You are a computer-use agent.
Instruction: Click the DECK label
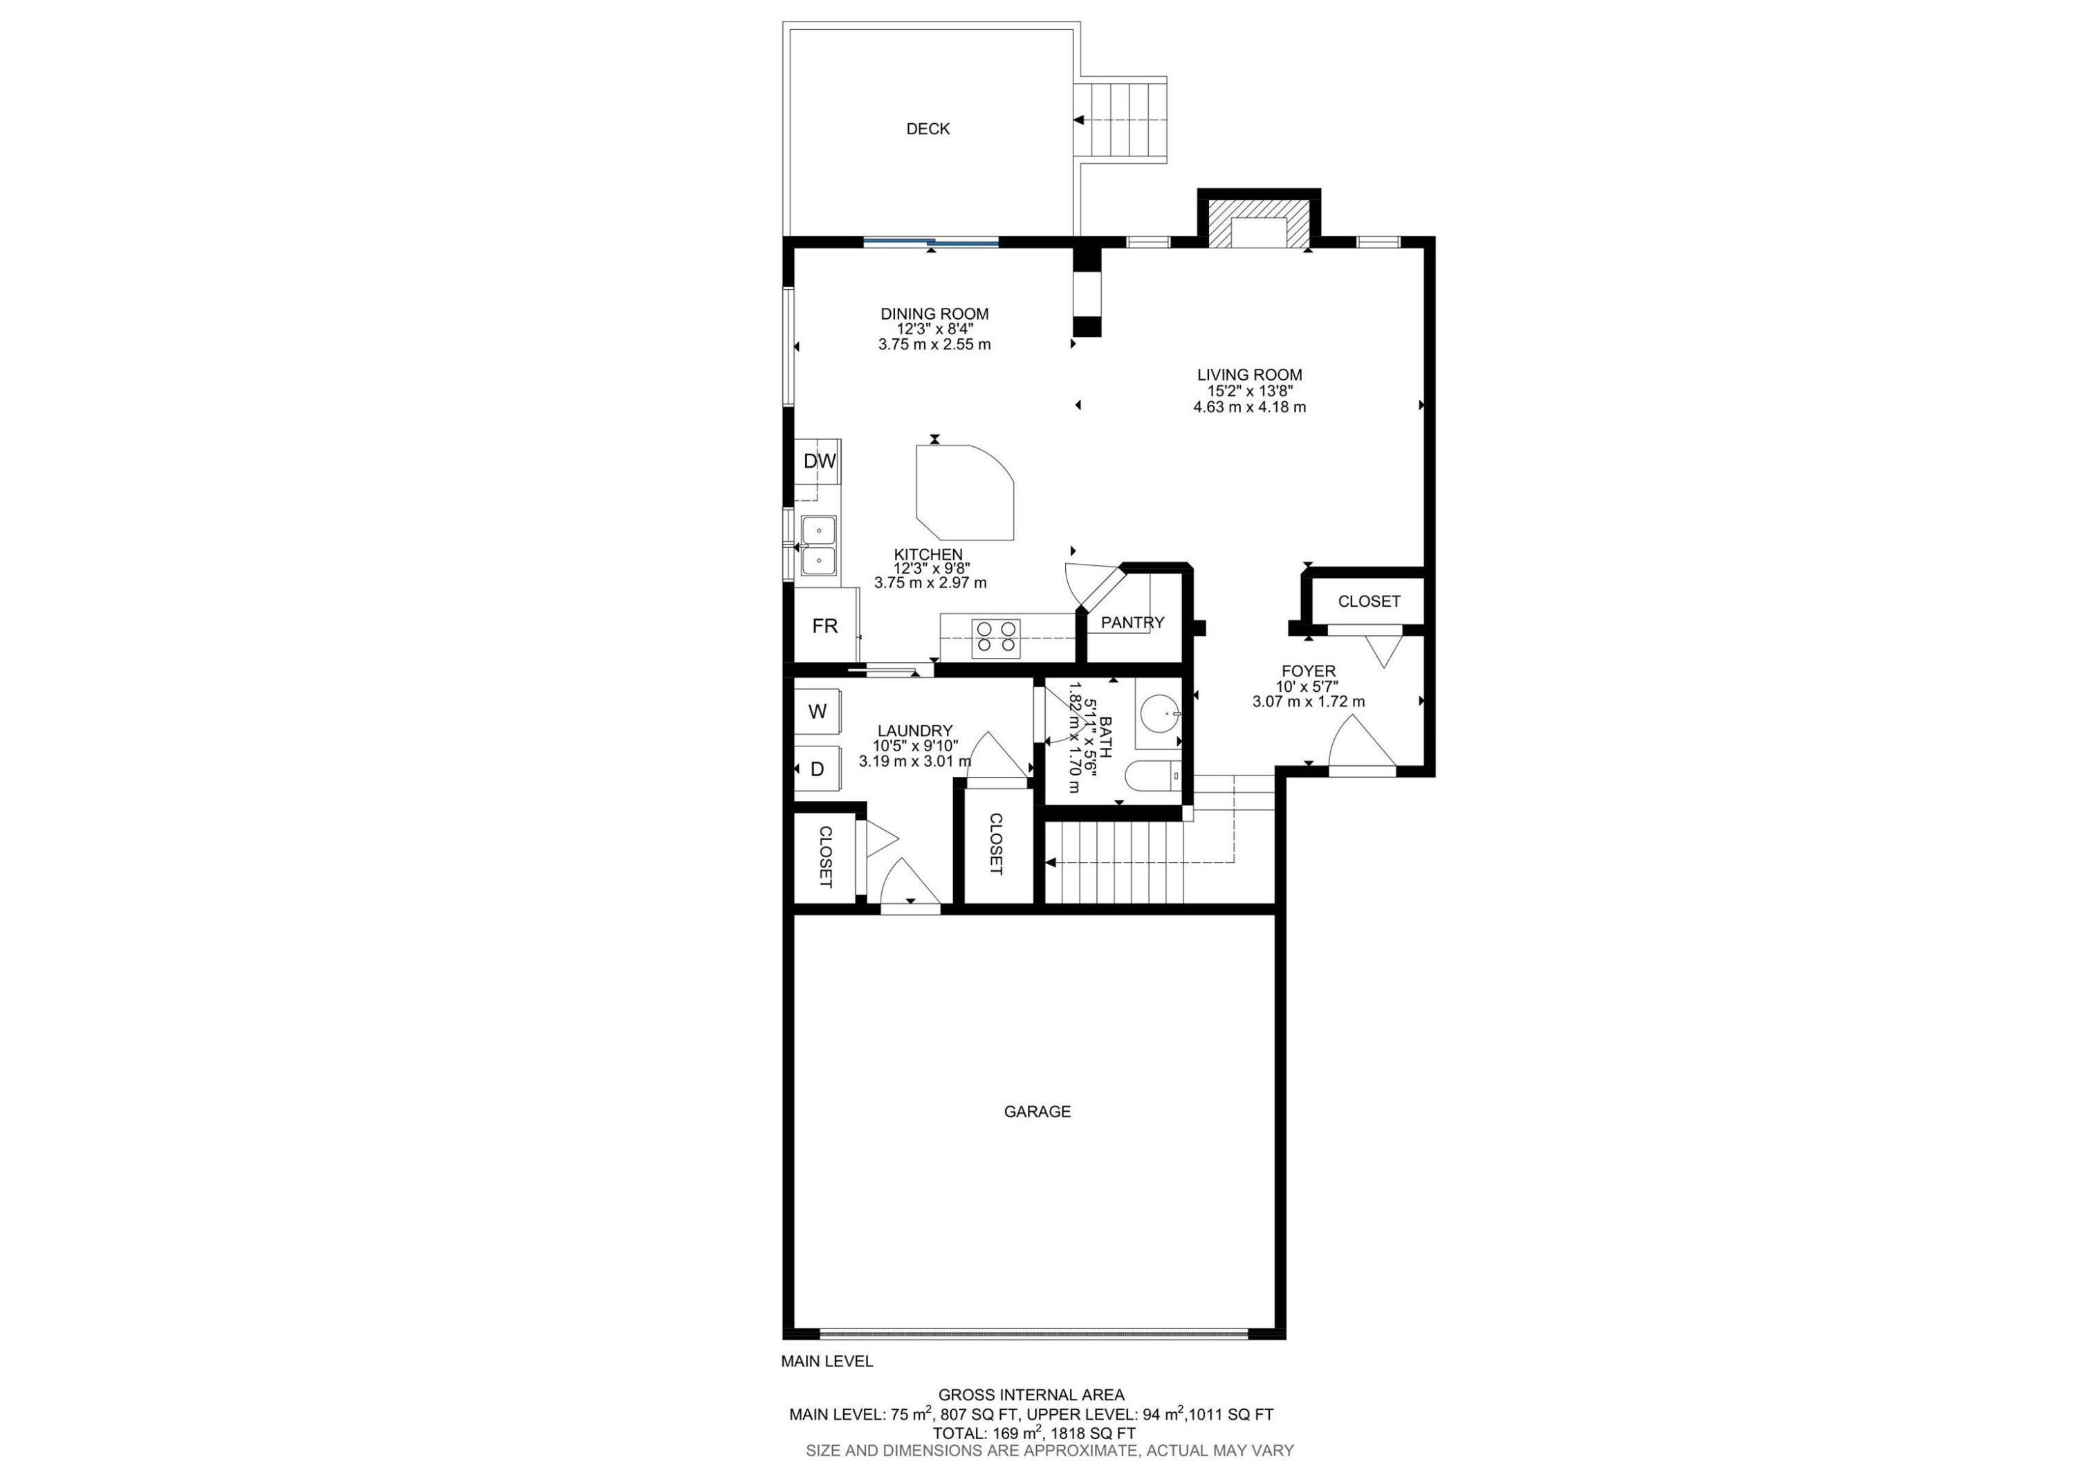(x=928, y=129)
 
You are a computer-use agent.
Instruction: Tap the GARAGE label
(x=1037, y=1112)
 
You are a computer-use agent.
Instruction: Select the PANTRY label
(x=1132, y=623)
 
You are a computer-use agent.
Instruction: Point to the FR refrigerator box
(x=825, y=625)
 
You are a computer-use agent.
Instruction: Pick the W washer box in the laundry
(x=818, y=712)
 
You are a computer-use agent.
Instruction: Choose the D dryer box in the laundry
(x=818, y=769)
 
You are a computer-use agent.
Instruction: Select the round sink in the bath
(x=1159, y=715)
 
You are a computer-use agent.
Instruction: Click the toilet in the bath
(x=1153, y=776)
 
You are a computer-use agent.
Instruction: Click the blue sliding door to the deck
(x=931, y=241)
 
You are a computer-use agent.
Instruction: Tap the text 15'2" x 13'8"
(x=1249, y=392)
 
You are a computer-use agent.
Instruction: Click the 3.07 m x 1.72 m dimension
(x=1308, y=702)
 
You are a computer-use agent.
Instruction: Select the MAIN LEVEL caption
(x=827, y=1361)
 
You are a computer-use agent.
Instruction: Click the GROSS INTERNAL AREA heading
(x=1031, y=1395)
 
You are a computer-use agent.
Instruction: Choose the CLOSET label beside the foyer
(x=1368, y=602)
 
